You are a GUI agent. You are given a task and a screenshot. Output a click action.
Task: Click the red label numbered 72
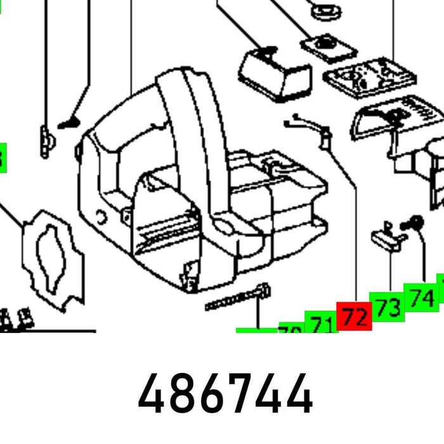click(355, 315)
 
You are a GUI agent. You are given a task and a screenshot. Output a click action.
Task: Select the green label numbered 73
click(388, 307)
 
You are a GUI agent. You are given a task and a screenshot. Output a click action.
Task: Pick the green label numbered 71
click(322, 323)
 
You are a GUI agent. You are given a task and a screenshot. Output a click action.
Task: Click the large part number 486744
click(225, 394)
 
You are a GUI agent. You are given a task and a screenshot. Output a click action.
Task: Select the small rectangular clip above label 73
click(385, 237)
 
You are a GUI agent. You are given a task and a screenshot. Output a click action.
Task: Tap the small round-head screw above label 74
click(416, 222)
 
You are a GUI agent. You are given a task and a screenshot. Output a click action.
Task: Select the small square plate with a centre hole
click(323, 46)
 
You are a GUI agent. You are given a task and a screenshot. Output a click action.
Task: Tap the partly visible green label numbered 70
click(289, 330)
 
